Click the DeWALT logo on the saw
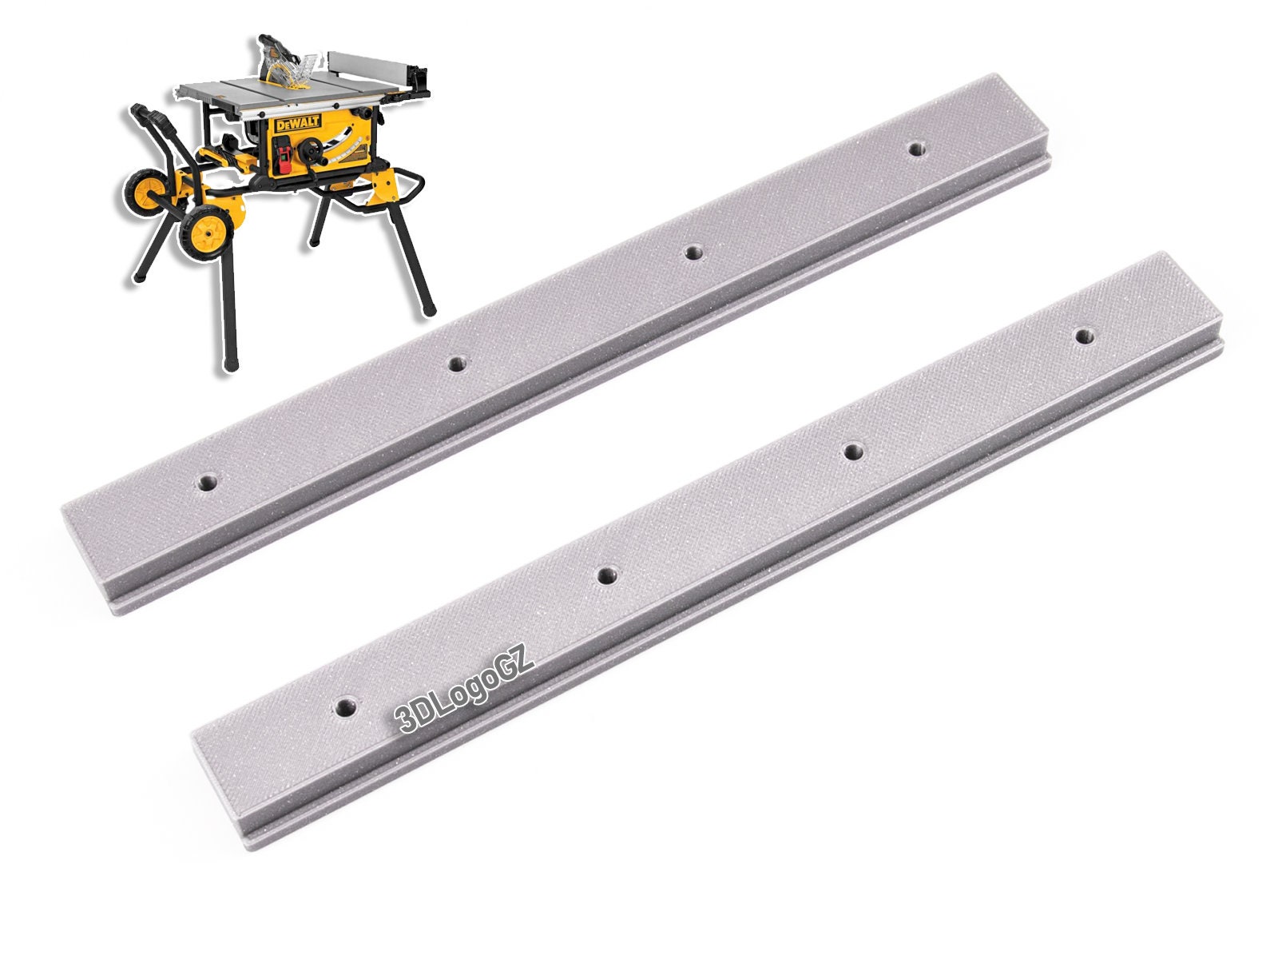point(298,124)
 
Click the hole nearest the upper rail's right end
point(917,149)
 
